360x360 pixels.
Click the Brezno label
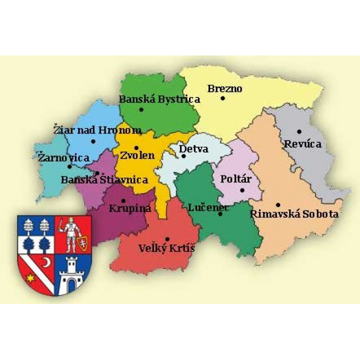click(224, 89)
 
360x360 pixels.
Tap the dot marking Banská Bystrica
click(141, 109)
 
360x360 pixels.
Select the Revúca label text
click(302, 144)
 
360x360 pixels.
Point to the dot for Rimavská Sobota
click(278, 204)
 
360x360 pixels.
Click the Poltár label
click(235, 179)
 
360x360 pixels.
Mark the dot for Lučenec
click(220, 214)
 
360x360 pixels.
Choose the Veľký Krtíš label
click(166, 248)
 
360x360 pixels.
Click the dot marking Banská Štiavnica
click(96, 173)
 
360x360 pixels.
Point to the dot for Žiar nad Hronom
click(93, 141)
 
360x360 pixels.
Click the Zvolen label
click(136, 155)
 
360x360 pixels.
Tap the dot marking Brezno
click(222, 98)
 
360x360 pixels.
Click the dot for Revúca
click(299, 131)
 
